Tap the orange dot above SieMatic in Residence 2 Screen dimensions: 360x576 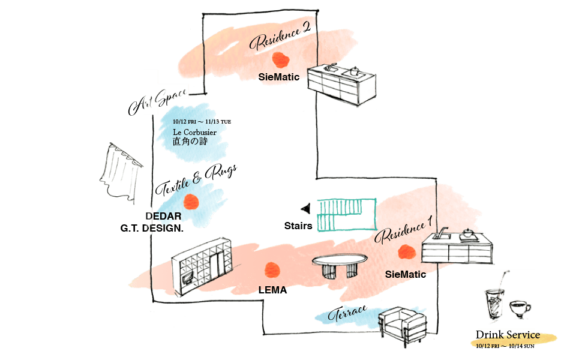[280, 59]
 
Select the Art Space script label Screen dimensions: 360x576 [158, 101]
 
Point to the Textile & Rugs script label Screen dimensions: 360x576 [197, 181]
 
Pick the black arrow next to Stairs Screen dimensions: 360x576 [306, 208]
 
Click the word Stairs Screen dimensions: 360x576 [298, 226]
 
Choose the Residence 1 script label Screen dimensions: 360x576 [404, 229]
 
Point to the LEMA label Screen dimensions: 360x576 [272, 290]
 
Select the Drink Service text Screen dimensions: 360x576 [508, 335]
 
